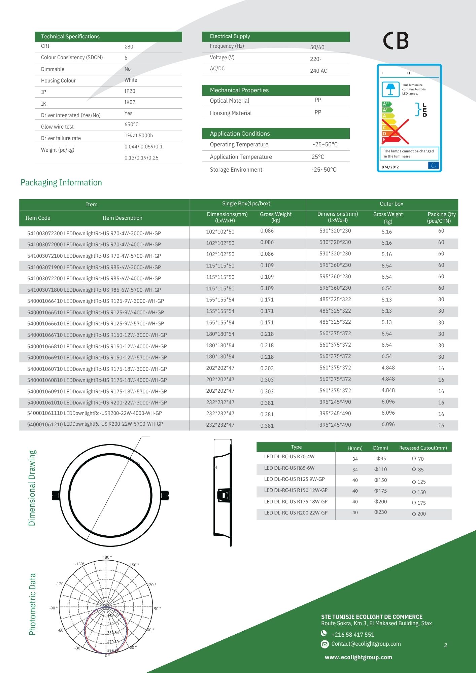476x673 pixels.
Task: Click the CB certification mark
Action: [x=396, y=41]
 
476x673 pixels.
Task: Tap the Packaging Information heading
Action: [x=61, y=183]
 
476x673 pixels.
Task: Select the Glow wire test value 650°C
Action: [x=132, y=125]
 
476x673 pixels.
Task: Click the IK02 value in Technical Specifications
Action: [x=130, y=102]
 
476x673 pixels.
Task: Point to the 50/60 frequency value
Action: [x=317, y=47]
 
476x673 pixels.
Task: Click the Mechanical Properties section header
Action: [x=239, y=90]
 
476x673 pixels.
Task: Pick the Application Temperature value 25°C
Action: [x=318, y=157]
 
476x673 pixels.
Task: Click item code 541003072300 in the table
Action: [x=45, y=233]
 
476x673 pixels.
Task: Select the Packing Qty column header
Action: [x=441, y=217]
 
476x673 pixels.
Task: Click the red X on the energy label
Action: [x=395, y=132]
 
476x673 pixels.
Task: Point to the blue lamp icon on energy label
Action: [x=390, y=89]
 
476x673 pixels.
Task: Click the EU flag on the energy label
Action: [x=434, y=165]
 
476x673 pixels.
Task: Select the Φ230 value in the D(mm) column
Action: [x=380, y=512]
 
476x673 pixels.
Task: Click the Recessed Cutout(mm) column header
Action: [x=423, y=448]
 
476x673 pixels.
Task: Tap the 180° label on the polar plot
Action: [x=107, y=557]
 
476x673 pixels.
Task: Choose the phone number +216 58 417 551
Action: [x=353, y=635]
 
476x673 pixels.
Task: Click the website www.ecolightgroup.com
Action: [x=358, y=657]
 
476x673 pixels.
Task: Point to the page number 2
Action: [x=446, y=645]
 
